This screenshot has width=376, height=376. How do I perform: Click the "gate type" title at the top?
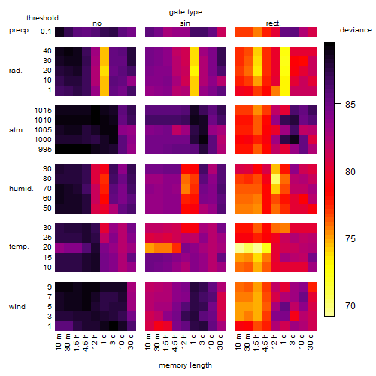pos(186,12)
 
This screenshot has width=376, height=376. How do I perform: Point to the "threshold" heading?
pos(42,18)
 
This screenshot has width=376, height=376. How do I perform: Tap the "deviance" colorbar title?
pos(356,30)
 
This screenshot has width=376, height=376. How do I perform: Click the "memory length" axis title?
pos(185,365)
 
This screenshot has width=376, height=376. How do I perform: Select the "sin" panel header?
pos(185,23)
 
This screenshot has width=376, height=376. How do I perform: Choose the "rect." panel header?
pos(273,23)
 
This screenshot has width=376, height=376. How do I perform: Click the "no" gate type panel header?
pos(97,23)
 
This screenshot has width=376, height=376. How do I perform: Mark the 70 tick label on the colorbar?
pos(350,306)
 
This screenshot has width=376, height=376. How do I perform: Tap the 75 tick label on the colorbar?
pos(350,238)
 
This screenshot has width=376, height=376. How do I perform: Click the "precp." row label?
pos(20,30)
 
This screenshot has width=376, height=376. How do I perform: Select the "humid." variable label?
pos(21,189)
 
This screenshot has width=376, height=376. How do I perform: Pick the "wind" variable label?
pos(17,307)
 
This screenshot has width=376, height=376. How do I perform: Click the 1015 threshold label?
pos(43,111)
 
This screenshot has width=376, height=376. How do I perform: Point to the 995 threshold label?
pos(45,150)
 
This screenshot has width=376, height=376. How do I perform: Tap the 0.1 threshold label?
pos(46,32)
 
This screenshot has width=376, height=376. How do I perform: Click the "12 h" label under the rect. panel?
pos(274,341)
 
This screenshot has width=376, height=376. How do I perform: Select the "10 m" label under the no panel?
pos(58,341)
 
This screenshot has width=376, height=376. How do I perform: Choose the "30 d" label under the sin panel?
pos(220,341)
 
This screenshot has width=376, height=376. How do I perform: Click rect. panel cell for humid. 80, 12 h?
pos(275,179)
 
